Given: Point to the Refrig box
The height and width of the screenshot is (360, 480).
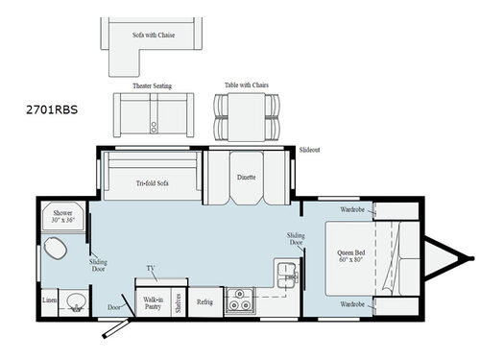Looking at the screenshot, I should click(x=204, y=300).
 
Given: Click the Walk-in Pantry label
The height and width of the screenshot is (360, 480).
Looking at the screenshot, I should click(x=152, y=300).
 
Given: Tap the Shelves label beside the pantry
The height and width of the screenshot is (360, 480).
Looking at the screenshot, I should click(x=179, y=300).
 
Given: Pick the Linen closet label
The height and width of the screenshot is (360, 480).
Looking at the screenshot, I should click(x=50, y=300).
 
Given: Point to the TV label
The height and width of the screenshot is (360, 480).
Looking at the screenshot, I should click(x=151, y=269).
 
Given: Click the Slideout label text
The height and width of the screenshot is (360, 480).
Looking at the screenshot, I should click(x=309, y=151).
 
